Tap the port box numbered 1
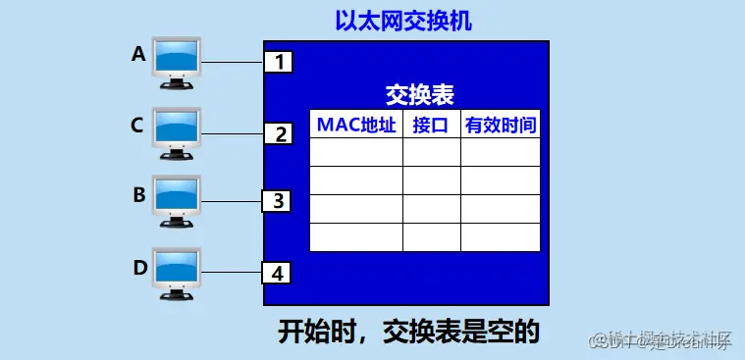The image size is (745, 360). [x=279, y=63]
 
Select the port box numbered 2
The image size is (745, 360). [x=279, y=133]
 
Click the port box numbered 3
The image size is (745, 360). [x=279, y=201]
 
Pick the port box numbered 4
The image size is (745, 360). [x=279, y=273]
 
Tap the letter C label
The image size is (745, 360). [x=138, y=125]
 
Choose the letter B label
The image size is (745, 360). [x=138, y=194]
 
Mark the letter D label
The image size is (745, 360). [x=138, y=265]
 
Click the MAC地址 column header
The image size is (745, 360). [x=355, y=125]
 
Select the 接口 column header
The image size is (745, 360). [x=431, y=125]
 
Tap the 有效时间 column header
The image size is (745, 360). [x=501, y=125]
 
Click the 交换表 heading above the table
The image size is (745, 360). [x=419, y=95]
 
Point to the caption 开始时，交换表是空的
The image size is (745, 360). [x=408, y=332]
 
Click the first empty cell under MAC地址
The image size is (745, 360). [x=355, y=152]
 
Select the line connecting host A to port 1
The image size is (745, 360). [x=233, y=64]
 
